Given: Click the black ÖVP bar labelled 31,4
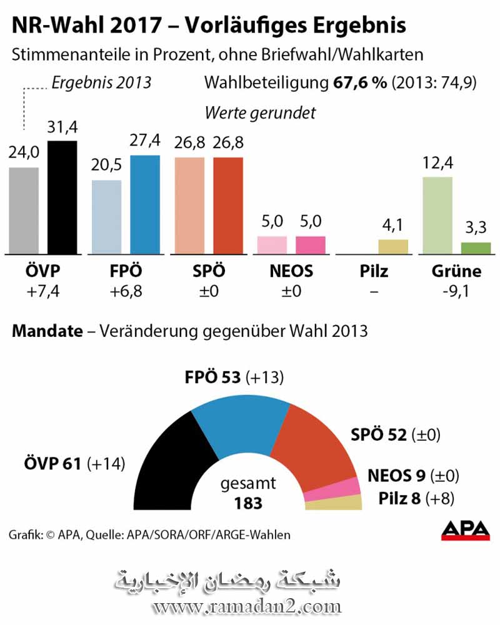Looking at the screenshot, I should pos(62,197).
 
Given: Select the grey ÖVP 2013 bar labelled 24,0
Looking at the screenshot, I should pos(24,210).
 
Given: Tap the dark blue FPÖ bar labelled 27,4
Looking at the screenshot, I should pos(145,204).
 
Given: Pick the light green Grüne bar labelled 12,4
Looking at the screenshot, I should pos(437,216).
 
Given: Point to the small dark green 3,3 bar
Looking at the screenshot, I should pos(476,248).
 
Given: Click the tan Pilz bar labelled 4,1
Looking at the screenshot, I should pos(393,247).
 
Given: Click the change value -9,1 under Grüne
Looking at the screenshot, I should pos(456,291).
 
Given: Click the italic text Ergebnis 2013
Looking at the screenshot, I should pos(101,83).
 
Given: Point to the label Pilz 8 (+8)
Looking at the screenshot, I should pos(416,499).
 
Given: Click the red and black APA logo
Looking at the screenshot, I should pos(465,530).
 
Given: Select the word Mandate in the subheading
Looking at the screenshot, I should pos(47,331).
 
